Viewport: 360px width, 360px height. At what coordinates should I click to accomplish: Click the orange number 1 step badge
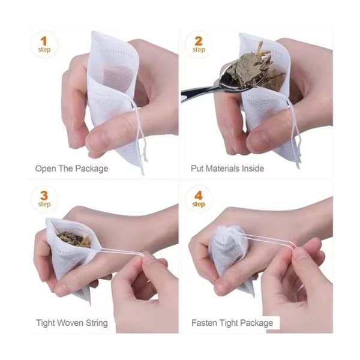(x=44, y=45)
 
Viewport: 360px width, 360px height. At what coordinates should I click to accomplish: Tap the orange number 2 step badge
(x=199, y=45)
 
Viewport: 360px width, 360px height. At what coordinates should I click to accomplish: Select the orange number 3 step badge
(x=44, y=199)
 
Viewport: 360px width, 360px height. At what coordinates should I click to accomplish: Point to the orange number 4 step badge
(x=199, y=199)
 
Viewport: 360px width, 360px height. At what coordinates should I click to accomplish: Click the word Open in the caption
(x=46, y=169)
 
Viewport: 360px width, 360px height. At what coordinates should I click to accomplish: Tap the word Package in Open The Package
(x=92, y=169)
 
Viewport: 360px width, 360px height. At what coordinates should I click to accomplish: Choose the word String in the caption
(x=97, y=323)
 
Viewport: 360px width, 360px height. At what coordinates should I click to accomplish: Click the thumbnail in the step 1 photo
(x=96, y=140)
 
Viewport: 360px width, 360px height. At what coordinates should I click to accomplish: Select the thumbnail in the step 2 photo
(x=257, y=139)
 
